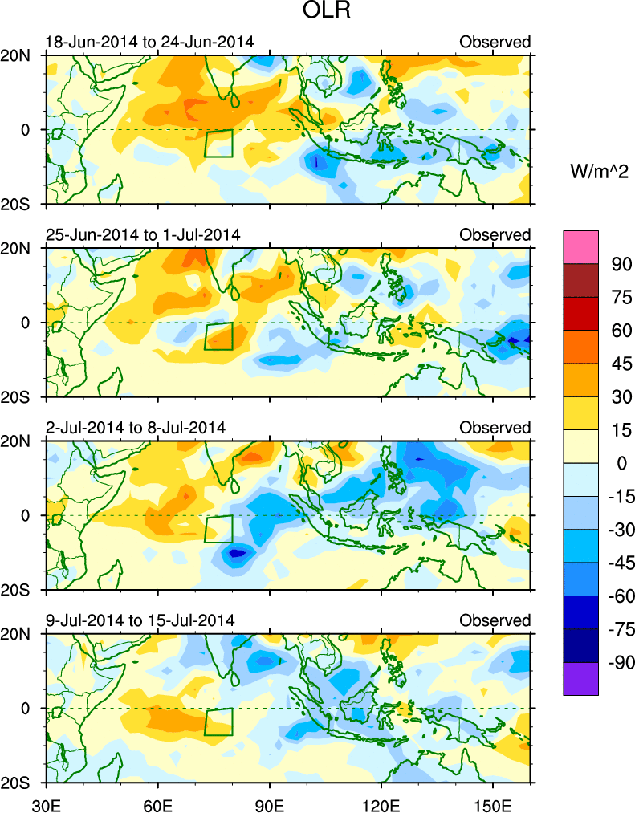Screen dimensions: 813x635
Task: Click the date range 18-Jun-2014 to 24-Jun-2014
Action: tap(149, 42)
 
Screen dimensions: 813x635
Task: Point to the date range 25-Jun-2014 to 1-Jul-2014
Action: tap(143, 234)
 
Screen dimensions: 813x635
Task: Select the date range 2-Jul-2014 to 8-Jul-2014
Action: tap(136, 427)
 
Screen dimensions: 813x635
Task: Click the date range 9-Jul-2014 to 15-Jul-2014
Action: tap(140, 620)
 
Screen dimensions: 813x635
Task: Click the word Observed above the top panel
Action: tap(495, 42)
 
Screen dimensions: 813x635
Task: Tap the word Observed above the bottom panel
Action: tap(495, 620)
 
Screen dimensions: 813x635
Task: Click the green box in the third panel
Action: tap(218, 529)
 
